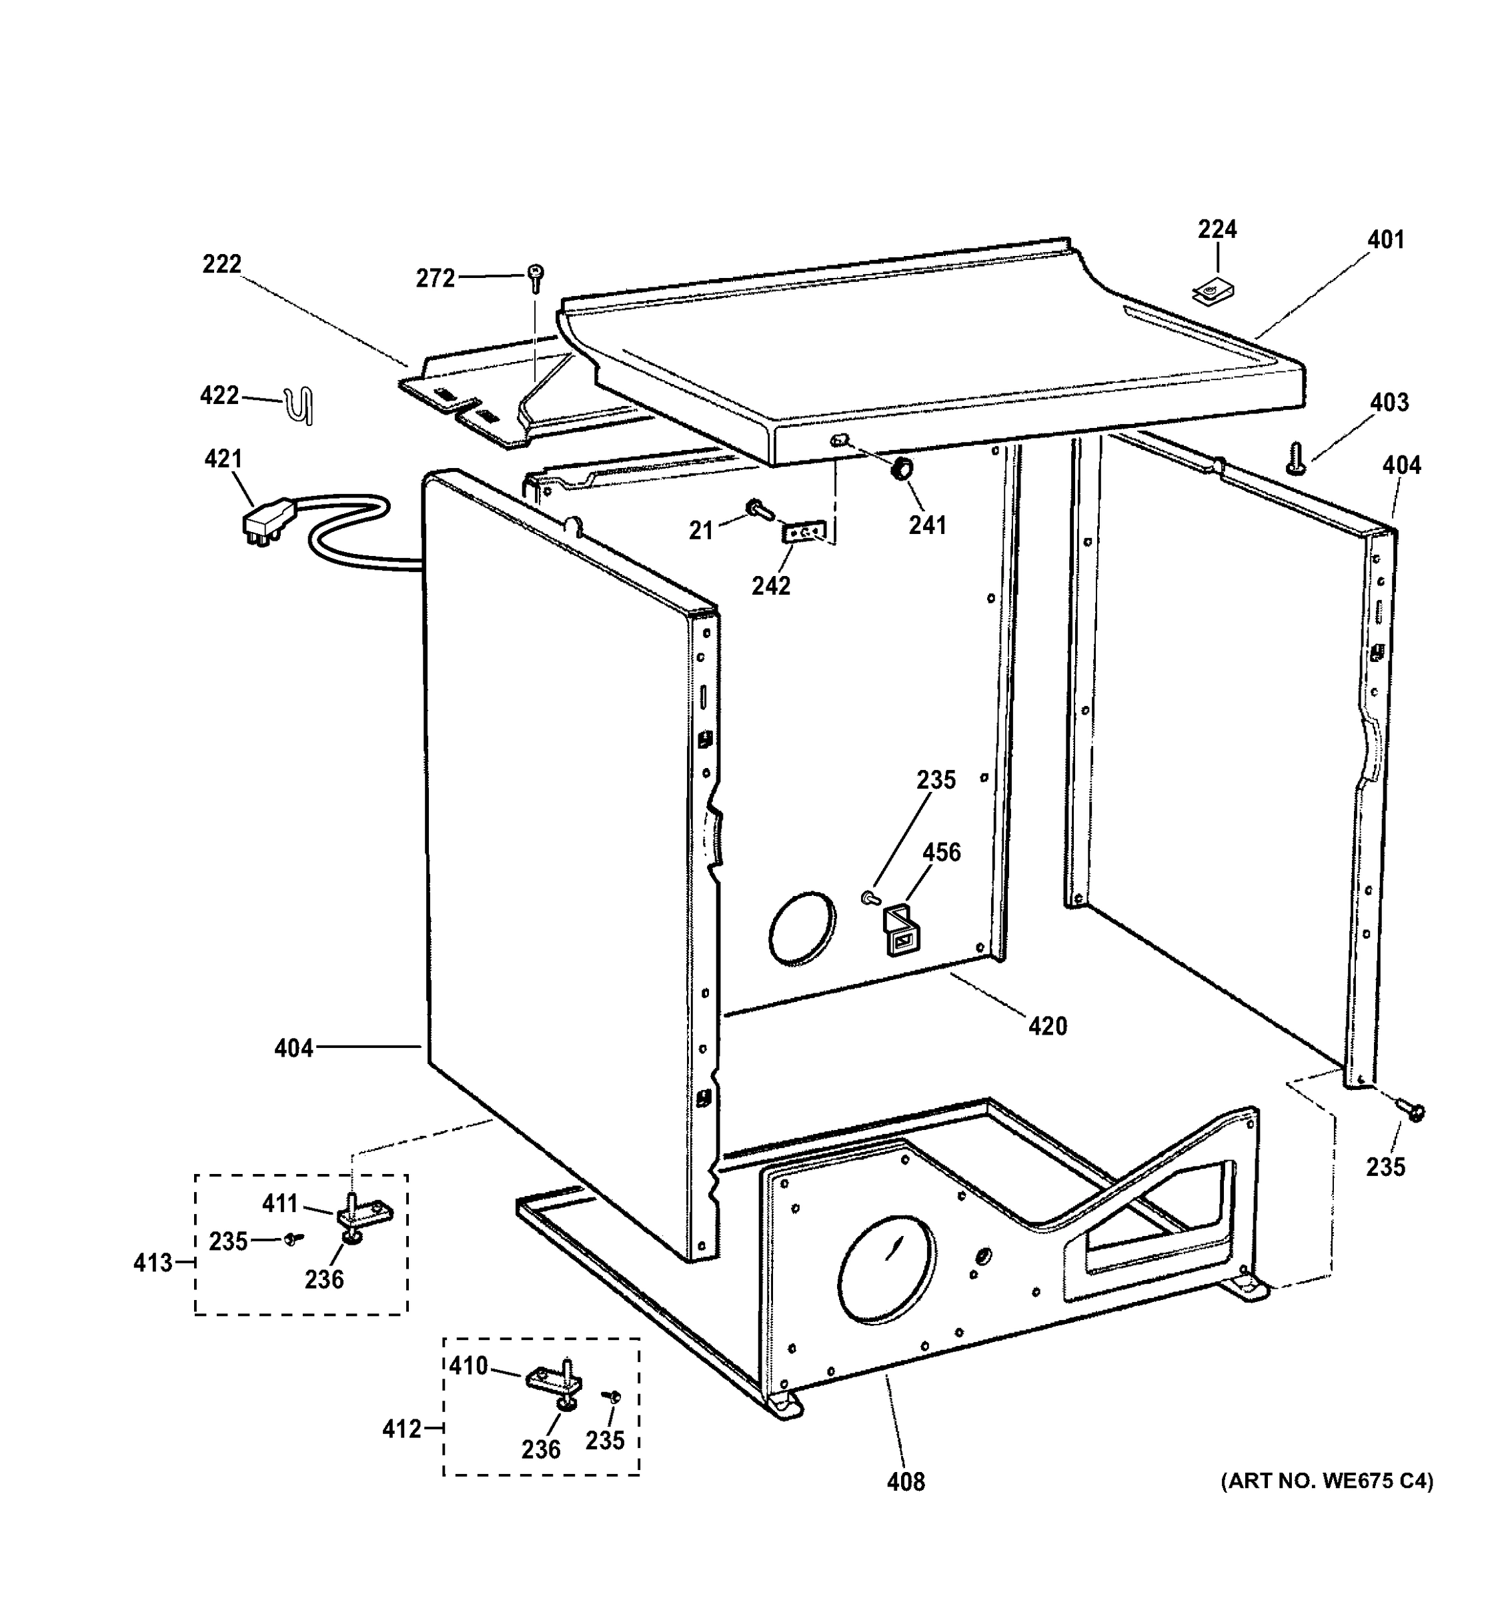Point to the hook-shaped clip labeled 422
(x=301, y=407)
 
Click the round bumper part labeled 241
(x=901, y=469)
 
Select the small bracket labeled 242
(x=804, y=533)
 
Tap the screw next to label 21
(x=758, y=508)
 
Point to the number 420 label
(x=1046, y=1026)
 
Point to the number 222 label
(x=221, y=264)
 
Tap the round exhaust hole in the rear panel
(x=802, y=928)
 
